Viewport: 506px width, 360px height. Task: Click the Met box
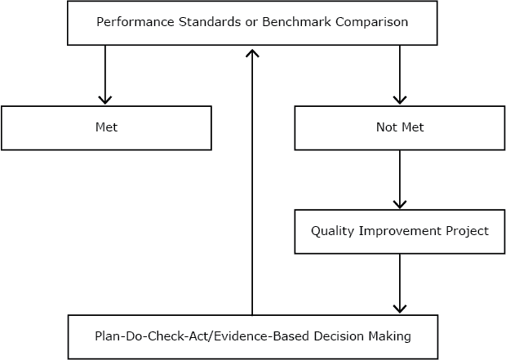106,128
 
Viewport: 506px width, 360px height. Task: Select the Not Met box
399,128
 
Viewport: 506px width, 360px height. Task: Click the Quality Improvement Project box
399,231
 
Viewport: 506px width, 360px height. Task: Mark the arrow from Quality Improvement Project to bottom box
399,283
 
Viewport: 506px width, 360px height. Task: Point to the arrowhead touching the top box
252,51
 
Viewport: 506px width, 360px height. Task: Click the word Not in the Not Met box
386,128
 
